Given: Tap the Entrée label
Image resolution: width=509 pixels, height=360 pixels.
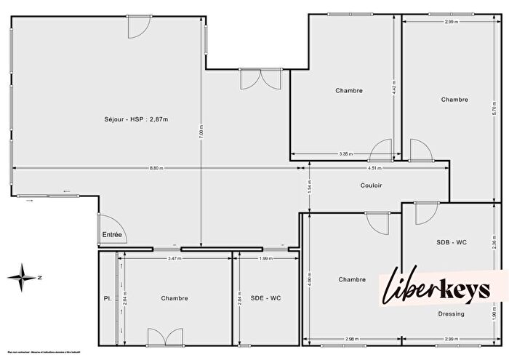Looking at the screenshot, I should tap(112, 235).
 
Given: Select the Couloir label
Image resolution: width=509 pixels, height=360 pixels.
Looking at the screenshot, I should tap(371, 185).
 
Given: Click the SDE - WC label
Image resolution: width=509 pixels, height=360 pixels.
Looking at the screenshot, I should tap(265, 298).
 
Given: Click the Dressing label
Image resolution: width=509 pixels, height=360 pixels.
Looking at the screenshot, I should tap(452, 314).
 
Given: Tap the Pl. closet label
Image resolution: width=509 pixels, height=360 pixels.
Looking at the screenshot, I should tap(106, 298).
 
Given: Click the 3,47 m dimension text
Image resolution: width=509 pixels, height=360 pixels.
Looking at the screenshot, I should tap(174, 258).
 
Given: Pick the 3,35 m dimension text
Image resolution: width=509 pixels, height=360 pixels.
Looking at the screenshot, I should tap(345, 153).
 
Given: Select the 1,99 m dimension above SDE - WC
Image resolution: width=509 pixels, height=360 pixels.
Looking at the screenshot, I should tap(265, 258).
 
